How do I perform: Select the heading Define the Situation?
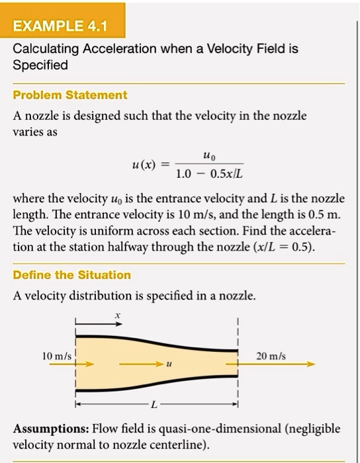coord(72,274)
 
